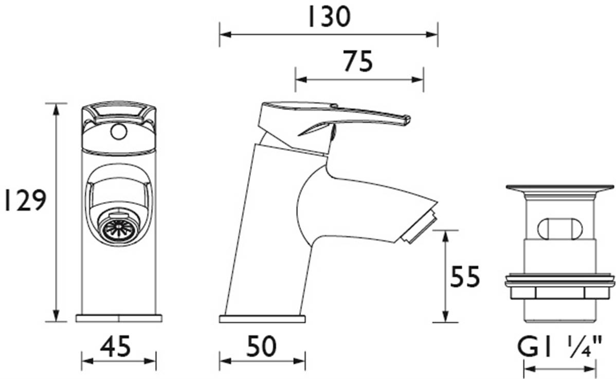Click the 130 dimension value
tap(329, 18)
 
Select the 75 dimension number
tap(358, 62)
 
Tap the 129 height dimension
tap(25, 201)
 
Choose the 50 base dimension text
tap(262, 347)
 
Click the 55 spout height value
tap(465, 277)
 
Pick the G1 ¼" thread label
tap(560, 348)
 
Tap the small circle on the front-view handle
tap(119, 132)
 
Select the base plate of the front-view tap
tap(119, 318)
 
